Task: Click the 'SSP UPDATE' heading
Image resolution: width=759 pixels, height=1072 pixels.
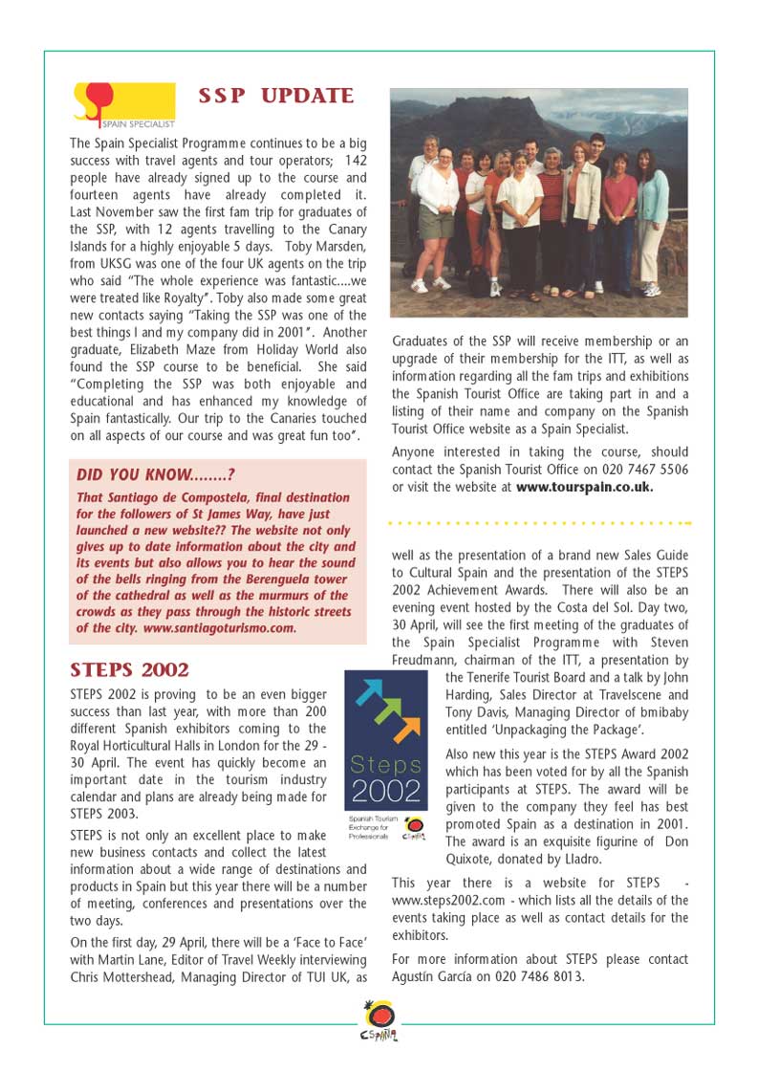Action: coord(275,97)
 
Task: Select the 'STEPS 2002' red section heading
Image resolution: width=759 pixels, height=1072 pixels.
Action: coord(130,669)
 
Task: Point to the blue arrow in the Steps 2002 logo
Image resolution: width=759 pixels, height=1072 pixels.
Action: coord(370,691)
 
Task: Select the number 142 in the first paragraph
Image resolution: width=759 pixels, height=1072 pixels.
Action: coord(355,161)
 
